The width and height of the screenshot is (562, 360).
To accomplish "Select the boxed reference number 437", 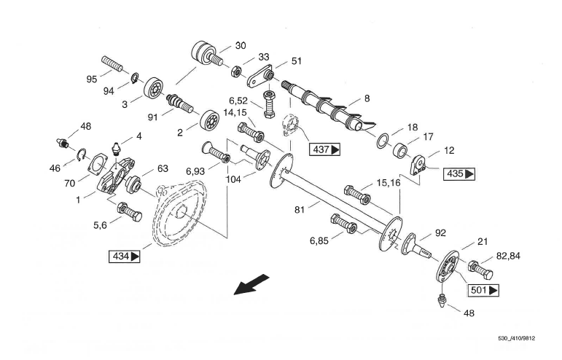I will [323, 149].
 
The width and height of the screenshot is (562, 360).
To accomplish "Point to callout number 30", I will [240, 45].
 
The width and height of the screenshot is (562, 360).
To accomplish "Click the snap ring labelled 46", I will [85, 154].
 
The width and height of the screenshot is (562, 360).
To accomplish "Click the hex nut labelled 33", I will [237, 72].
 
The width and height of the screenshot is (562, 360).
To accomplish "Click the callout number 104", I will [234, 176].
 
